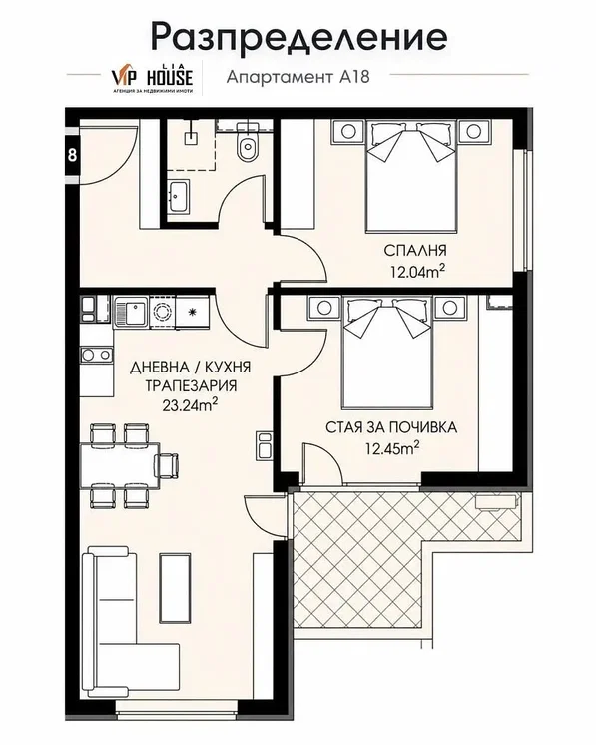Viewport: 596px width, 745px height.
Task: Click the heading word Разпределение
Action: (x=298, y=37)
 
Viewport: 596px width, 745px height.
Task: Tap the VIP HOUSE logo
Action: (x=152, y=79)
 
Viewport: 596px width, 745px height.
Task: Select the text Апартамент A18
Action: (x=298, y=77)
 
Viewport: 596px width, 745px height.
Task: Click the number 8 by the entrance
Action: (x=72, y=155)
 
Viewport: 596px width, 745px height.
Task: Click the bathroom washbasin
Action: (x=179, y=196)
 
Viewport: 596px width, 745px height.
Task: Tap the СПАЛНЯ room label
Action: (x=415, y=250)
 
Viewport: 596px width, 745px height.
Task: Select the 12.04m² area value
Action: (x=418, y=272)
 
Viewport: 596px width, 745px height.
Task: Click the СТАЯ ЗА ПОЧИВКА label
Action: (x=391, y=427)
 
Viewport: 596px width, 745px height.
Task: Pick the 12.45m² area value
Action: (x=392, y=448)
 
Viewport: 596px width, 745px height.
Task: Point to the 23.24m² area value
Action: (x=190, y=405)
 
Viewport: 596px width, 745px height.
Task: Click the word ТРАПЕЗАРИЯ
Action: (x=191, y=385)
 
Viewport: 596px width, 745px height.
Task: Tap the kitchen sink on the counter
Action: (x=131, y=312)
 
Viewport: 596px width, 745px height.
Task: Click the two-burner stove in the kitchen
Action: (x=97, y=355)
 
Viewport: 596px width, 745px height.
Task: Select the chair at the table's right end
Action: (x=167, y=464)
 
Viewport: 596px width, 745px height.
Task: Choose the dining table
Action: (x=120, y=465)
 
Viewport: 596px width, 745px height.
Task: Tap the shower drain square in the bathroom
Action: (x=191, y=138)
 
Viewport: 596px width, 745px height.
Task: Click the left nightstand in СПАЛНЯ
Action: (x=347, y=131)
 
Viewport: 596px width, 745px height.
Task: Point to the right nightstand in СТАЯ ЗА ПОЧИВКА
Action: (x=449, y=308)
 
